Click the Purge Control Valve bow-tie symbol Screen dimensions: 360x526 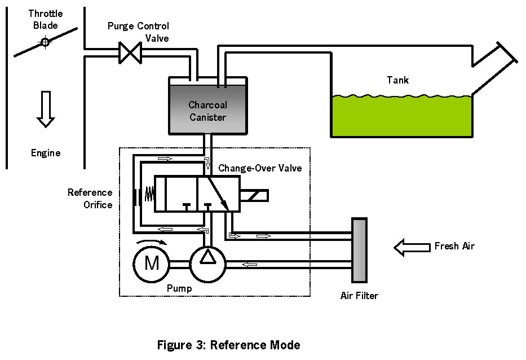coord(131,54)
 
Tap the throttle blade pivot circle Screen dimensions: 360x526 coord(44,42)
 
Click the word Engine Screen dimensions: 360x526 coord(46,153)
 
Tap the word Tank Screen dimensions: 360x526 coord(398,80)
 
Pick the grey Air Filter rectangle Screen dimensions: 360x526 coord(359,249)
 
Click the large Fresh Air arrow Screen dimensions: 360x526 coord(411,247)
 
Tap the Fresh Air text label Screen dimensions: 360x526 coord(454,247)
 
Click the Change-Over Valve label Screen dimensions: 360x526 coord(260,168)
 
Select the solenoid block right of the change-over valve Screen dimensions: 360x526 coord(254,195)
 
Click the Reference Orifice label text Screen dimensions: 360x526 coord(90,199)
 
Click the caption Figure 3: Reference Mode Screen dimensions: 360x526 coord(228,345)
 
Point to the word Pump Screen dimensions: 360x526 coord(179,288)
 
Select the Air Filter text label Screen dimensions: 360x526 coord(360,296)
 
